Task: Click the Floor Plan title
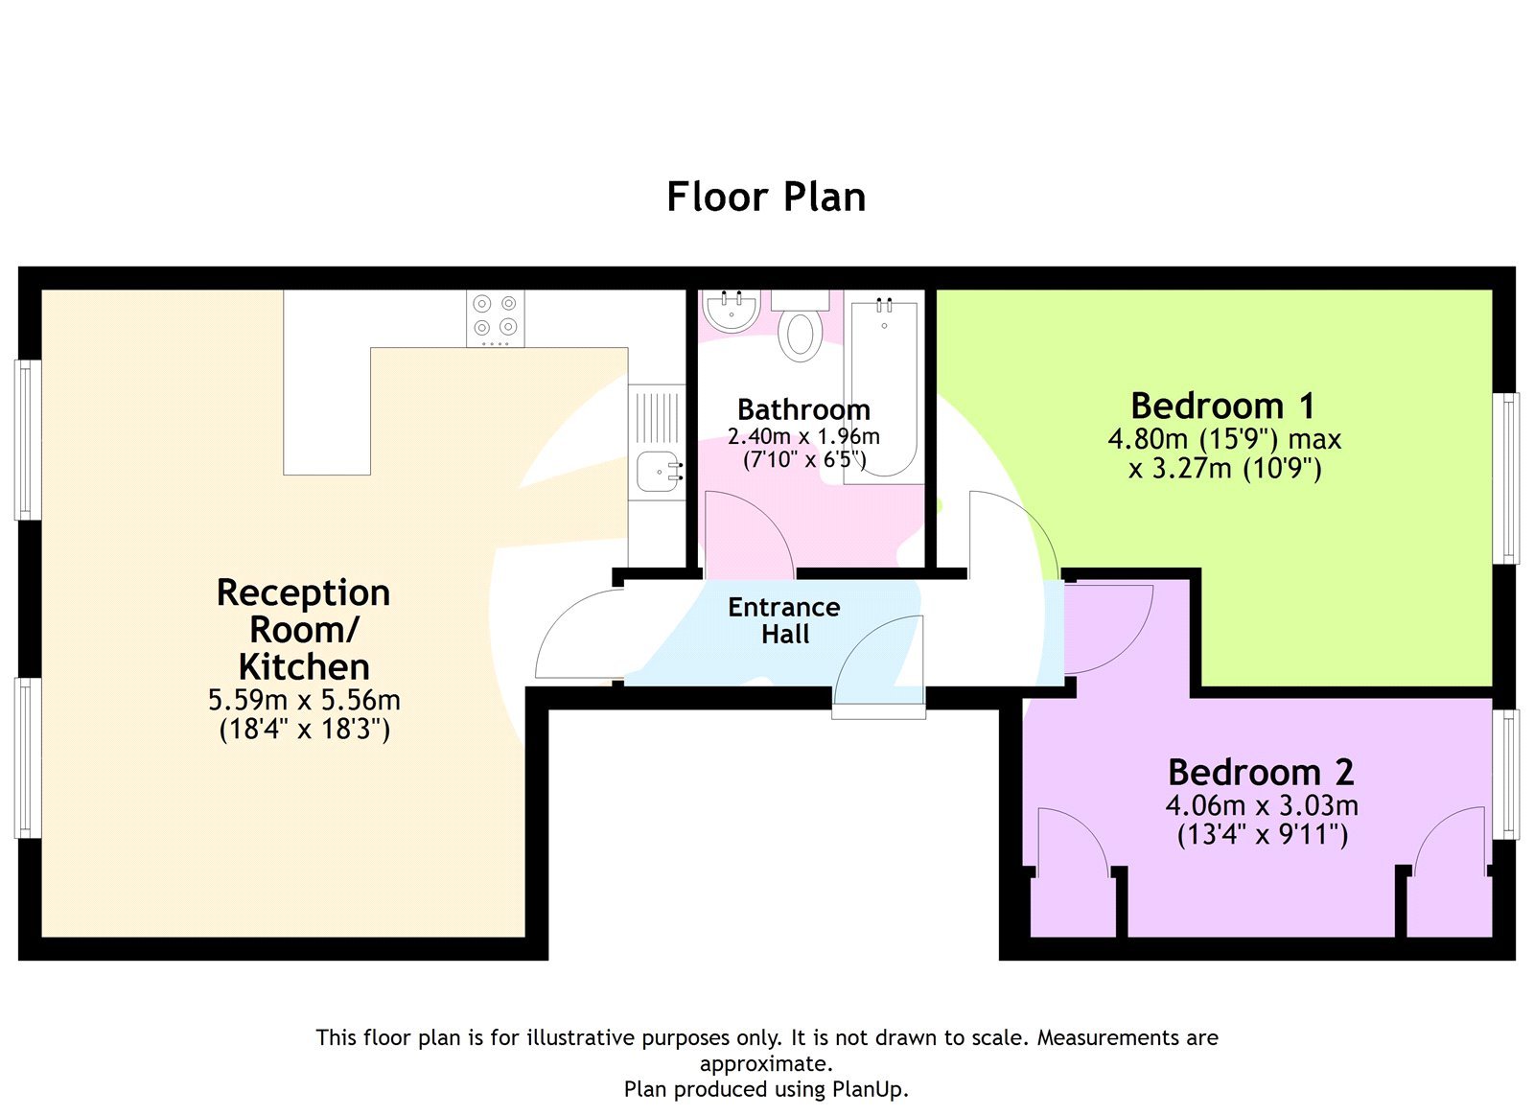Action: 766,197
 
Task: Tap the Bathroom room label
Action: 803,409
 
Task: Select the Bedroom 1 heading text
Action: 1222,406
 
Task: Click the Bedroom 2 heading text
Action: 1261,772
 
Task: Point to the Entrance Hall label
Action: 784,620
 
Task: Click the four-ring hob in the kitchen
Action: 496,317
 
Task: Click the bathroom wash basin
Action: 731,310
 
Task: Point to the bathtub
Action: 884,388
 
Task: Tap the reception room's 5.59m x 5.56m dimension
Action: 304,700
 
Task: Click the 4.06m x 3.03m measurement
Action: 1262,805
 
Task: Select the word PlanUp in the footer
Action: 868,1089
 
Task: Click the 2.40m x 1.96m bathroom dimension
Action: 803,437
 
